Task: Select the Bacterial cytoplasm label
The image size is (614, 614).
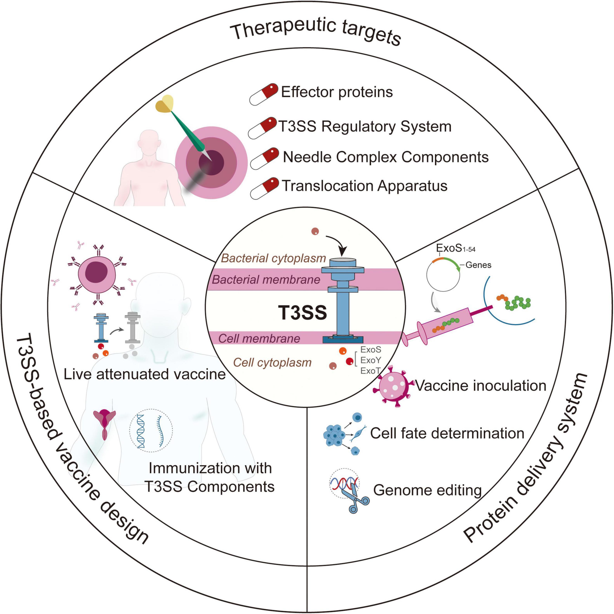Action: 273,258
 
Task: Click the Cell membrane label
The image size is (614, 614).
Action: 259,339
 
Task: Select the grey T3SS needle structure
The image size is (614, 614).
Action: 133,327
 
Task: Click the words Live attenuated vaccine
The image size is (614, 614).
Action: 145,374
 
